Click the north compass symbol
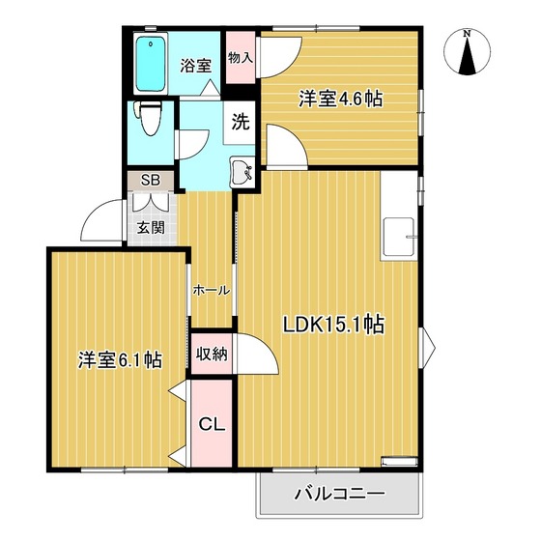click(468, 56)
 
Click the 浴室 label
click(196, 66)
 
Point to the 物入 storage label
click(241, 57)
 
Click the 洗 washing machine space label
click(240, 123)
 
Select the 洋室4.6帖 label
click(338, 98)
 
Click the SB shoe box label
click(151, 180)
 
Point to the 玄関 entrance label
click(150, 228)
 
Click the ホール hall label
click(211, 290)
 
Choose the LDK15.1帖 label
click(333, 325)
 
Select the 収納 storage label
click(213, 354)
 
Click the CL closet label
click(212, 423)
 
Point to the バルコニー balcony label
click(339, 495)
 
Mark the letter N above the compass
click(468, 34)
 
